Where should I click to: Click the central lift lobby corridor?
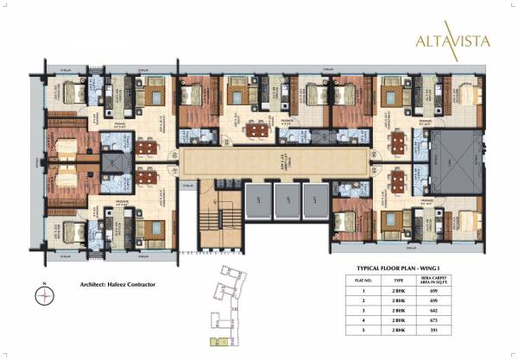tap(275, 161)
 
